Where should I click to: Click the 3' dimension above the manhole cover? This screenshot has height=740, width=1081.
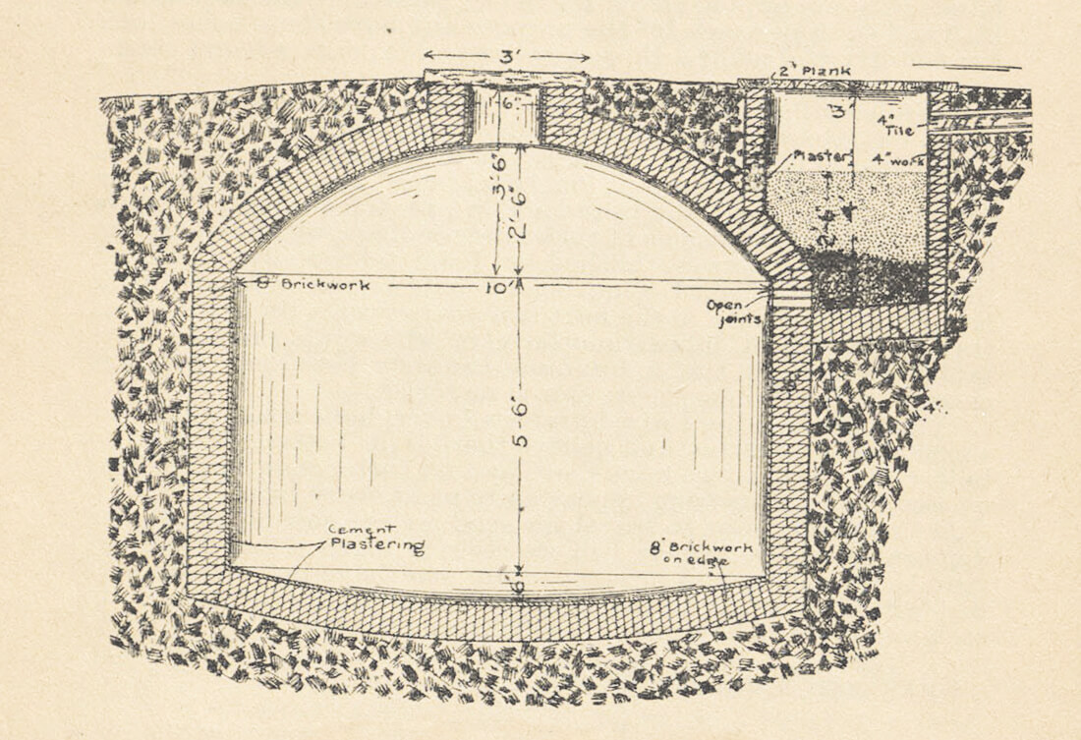[506, 56]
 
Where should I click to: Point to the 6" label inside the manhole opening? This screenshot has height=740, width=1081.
[507, 101]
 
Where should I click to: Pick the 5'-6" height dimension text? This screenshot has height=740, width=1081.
[521, 424]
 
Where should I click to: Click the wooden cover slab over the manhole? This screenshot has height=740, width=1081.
[506, 78]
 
